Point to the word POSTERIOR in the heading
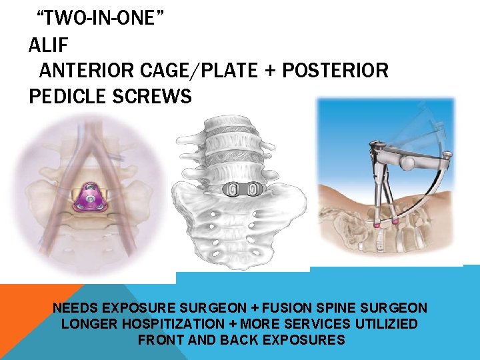[335, 70]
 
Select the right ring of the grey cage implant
[253, 190]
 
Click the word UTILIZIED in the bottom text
[382, 324]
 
